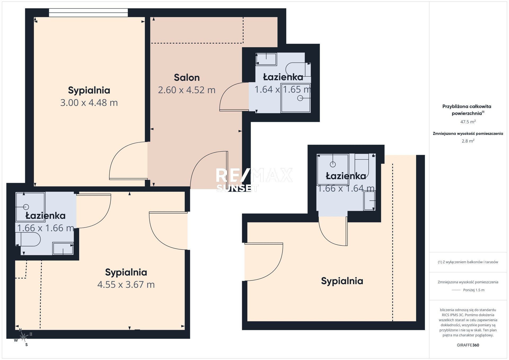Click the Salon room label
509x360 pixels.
(x=187, y=77)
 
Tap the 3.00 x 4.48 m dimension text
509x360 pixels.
(x=89, y=103)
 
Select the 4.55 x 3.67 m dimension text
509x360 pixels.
(x=126, y=284)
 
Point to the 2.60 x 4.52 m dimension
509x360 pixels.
(x=187, y=90)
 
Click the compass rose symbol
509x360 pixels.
(x=23, y=337)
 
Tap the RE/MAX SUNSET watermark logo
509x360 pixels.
(x=254, y=179)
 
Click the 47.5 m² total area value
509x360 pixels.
(x=468, y=122)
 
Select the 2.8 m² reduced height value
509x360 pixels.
(x=468, y=141)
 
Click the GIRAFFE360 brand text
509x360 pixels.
(x=468, y=345)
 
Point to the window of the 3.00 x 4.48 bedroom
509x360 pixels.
(x=88, y=12)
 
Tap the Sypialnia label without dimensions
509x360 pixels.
(x=342, y=281)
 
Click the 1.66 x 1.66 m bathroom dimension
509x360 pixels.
(x=46, y=228)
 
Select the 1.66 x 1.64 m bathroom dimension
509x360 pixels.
(x=346, y=188)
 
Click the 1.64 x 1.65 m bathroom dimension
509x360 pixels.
(x=283, y=89)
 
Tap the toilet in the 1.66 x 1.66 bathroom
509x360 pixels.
(x=28, y=240)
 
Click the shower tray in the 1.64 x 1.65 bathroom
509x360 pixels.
(x=296, y=98)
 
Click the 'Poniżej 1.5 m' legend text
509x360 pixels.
(x=474, y=290)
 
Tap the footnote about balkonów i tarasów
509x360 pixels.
(x=468, y=262)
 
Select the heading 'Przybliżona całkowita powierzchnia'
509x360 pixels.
(x=467, y=110)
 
